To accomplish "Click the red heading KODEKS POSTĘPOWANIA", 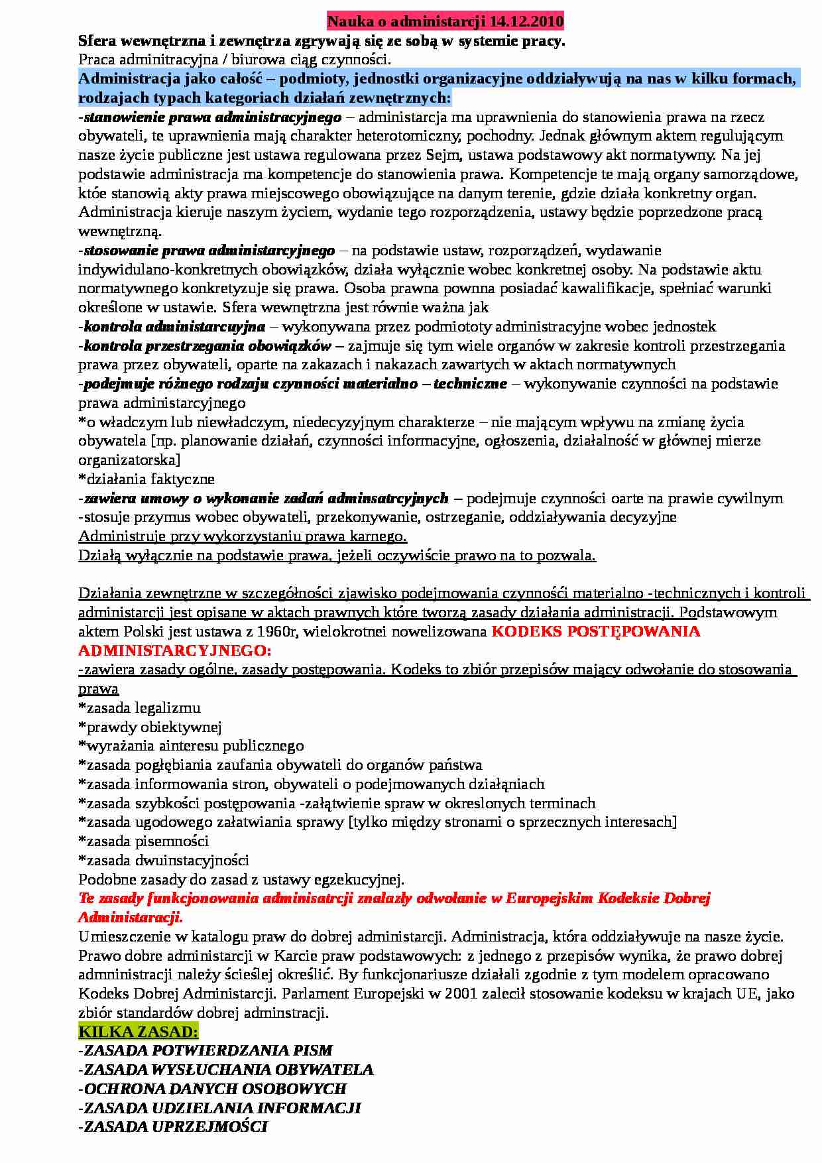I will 595,631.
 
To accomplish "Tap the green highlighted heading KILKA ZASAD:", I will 138,1032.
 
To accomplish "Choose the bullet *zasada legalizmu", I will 139,707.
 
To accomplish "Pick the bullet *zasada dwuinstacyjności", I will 164,860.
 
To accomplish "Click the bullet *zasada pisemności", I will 144,841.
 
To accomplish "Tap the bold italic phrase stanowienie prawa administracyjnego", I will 212,117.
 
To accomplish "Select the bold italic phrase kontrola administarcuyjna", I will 174,326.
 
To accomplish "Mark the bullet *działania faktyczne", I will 147,479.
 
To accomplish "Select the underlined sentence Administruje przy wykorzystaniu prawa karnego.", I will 243,536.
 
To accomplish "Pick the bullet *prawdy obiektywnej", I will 150,727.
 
